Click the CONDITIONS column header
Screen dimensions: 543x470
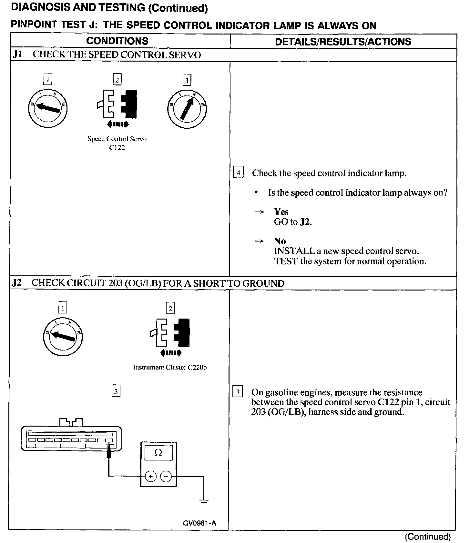[117, 41]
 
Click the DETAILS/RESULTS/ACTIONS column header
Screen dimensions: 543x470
[343, 42]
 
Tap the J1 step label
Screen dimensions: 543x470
[17, 54]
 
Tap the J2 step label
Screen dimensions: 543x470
[16, 283]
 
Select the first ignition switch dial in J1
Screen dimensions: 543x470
[47, 108]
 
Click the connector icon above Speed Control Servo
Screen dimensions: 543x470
[117, 104]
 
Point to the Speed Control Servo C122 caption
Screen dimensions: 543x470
[117, 143]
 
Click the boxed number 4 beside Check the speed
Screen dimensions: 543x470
[238, 173]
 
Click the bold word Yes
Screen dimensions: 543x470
[281, 212]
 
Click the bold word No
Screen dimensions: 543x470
[280, 241]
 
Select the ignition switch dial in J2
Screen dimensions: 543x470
[63, 336]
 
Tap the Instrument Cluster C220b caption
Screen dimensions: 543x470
[170, 367]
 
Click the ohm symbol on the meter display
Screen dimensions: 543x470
[158, 453]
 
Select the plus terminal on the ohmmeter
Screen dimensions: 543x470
[150, 476]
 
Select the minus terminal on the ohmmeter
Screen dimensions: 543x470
[166, 476]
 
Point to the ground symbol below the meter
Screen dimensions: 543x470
[203, 501]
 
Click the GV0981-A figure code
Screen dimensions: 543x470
[199, 523]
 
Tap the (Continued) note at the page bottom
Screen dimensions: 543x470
[428, 537]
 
